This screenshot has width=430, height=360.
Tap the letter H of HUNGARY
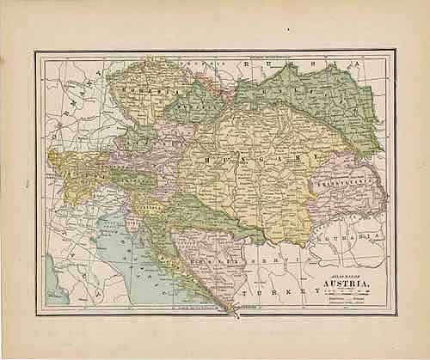tap(206, 159)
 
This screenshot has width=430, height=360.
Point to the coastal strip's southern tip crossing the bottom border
tap(230, 309)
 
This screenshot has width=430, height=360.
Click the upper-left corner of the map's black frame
tap(35, 52)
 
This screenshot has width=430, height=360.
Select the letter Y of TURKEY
tap(303, 291)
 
